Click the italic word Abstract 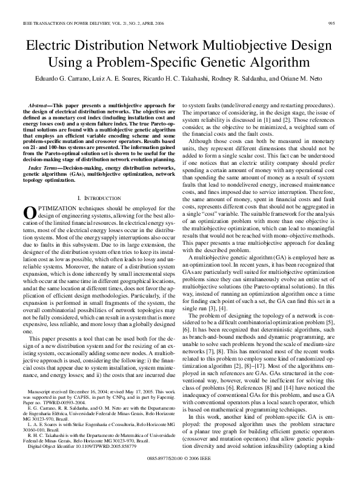tap(39, 105)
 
